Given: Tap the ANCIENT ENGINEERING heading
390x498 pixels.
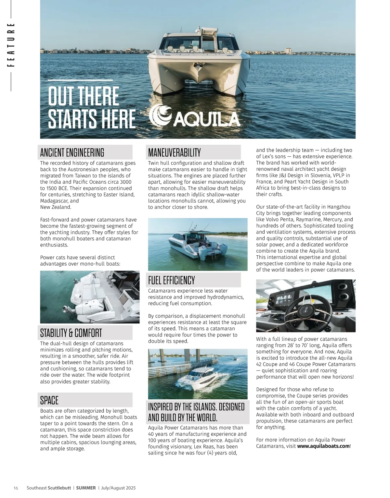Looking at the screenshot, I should coord(72,152).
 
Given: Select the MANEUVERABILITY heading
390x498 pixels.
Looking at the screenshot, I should coord(174,152).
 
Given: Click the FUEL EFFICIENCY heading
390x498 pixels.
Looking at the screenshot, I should coord(171,280).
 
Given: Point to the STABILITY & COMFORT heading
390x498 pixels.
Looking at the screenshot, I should coord(71,333).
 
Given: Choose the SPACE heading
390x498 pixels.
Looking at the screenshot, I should coord(49,400).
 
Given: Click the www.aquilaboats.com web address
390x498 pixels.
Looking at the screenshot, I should coord(323,446).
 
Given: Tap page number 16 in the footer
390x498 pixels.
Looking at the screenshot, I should coord(16,488).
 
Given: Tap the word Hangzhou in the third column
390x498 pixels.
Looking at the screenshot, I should coord(339,207).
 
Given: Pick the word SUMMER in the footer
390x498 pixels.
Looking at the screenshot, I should coord(86,488).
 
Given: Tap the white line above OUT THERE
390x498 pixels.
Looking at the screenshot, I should coord(80,80).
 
